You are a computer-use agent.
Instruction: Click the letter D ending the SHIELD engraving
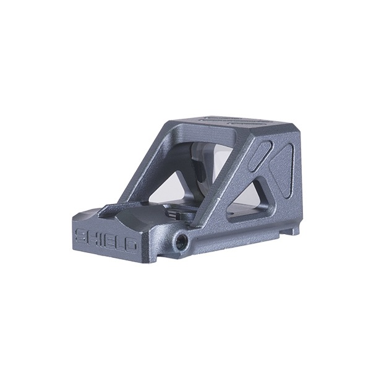click(130, 246)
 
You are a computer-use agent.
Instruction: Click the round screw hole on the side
click(181, 241)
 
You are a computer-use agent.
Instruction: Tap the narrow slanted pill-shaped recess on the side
click(261, 156)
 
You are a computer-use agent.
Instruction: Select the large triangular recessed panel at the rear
click(283, 171)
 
